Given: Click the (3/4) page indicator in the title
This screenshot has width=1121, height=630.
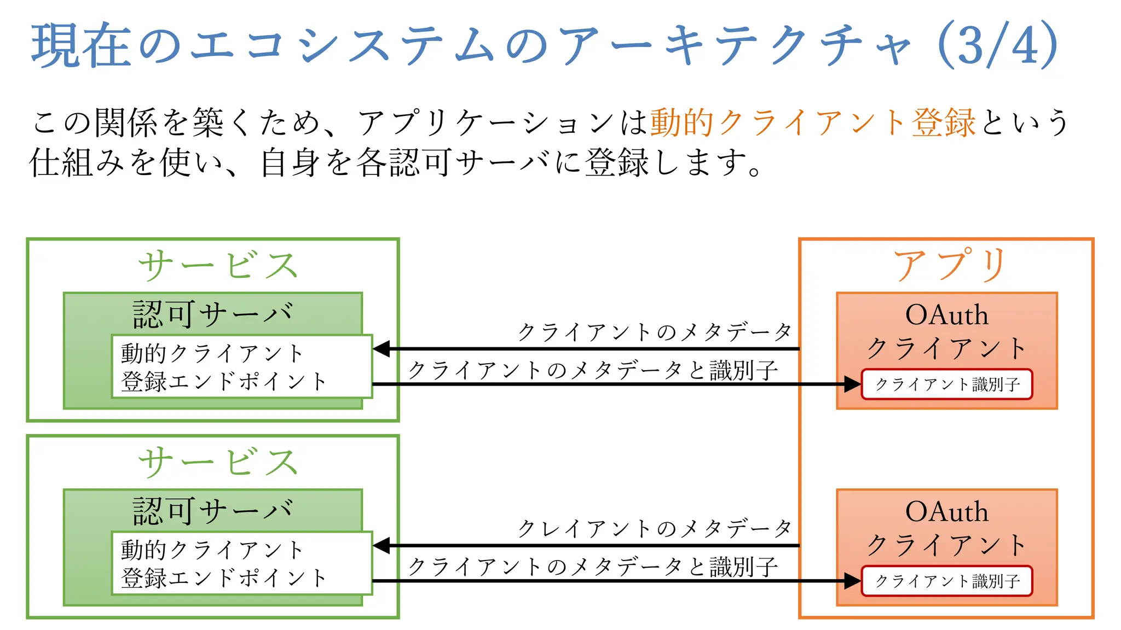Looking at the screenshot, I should [997, 45].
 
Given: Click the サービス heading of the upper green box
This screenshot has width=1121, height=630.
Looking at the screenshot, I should [218, 266].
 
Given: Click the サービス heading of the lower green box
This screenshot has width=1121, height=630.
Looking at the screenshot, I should [218, 462].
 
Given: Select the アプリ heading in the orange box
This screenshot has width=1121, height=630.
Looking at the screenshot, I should [950, 265].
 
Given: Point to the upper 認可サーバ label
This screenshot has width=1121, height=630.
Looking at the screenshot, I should [213, 314].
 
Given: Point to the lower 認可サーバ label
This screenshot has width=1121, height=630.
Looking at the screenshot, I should [213, 511].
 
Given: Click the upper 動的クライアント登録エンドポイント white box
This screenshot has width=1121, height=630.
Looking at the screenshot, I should [241, 366].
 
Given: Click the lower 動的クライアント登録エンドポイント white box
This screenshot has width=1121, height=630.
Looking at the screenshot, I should [241, 563].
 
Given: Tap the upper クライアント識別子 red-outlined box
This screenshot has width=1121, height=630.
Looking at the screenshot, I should [947, 384].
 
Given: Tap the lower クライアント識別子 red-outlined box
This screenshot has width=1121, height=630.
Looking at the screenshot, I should [947, 581].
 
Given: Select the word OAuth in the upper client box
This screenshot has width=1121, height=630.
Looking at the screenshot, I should [947, 315].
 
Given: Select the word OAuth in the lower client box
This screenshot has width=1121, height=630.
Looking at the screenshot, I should [947, 512].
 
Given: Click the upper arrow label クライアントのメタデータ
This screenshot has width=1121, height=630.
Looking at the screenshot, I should [655, 331].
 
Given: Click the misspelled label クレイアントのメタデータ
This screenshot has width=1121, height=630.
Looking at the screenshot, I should [655, 528].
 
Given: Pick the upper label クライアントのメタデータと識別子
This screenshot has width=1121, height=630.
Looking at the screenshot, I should [593, 370].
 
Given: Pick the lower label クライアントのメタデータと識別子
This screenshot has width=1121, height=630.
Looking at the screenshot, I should [593, 567].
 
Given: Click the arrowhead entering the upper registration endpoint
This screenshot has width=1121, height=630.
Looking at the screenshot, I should [382, 348].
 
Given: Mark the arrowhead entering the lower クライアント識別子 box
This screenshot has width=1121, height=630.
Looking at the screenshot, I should [852, 581].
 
